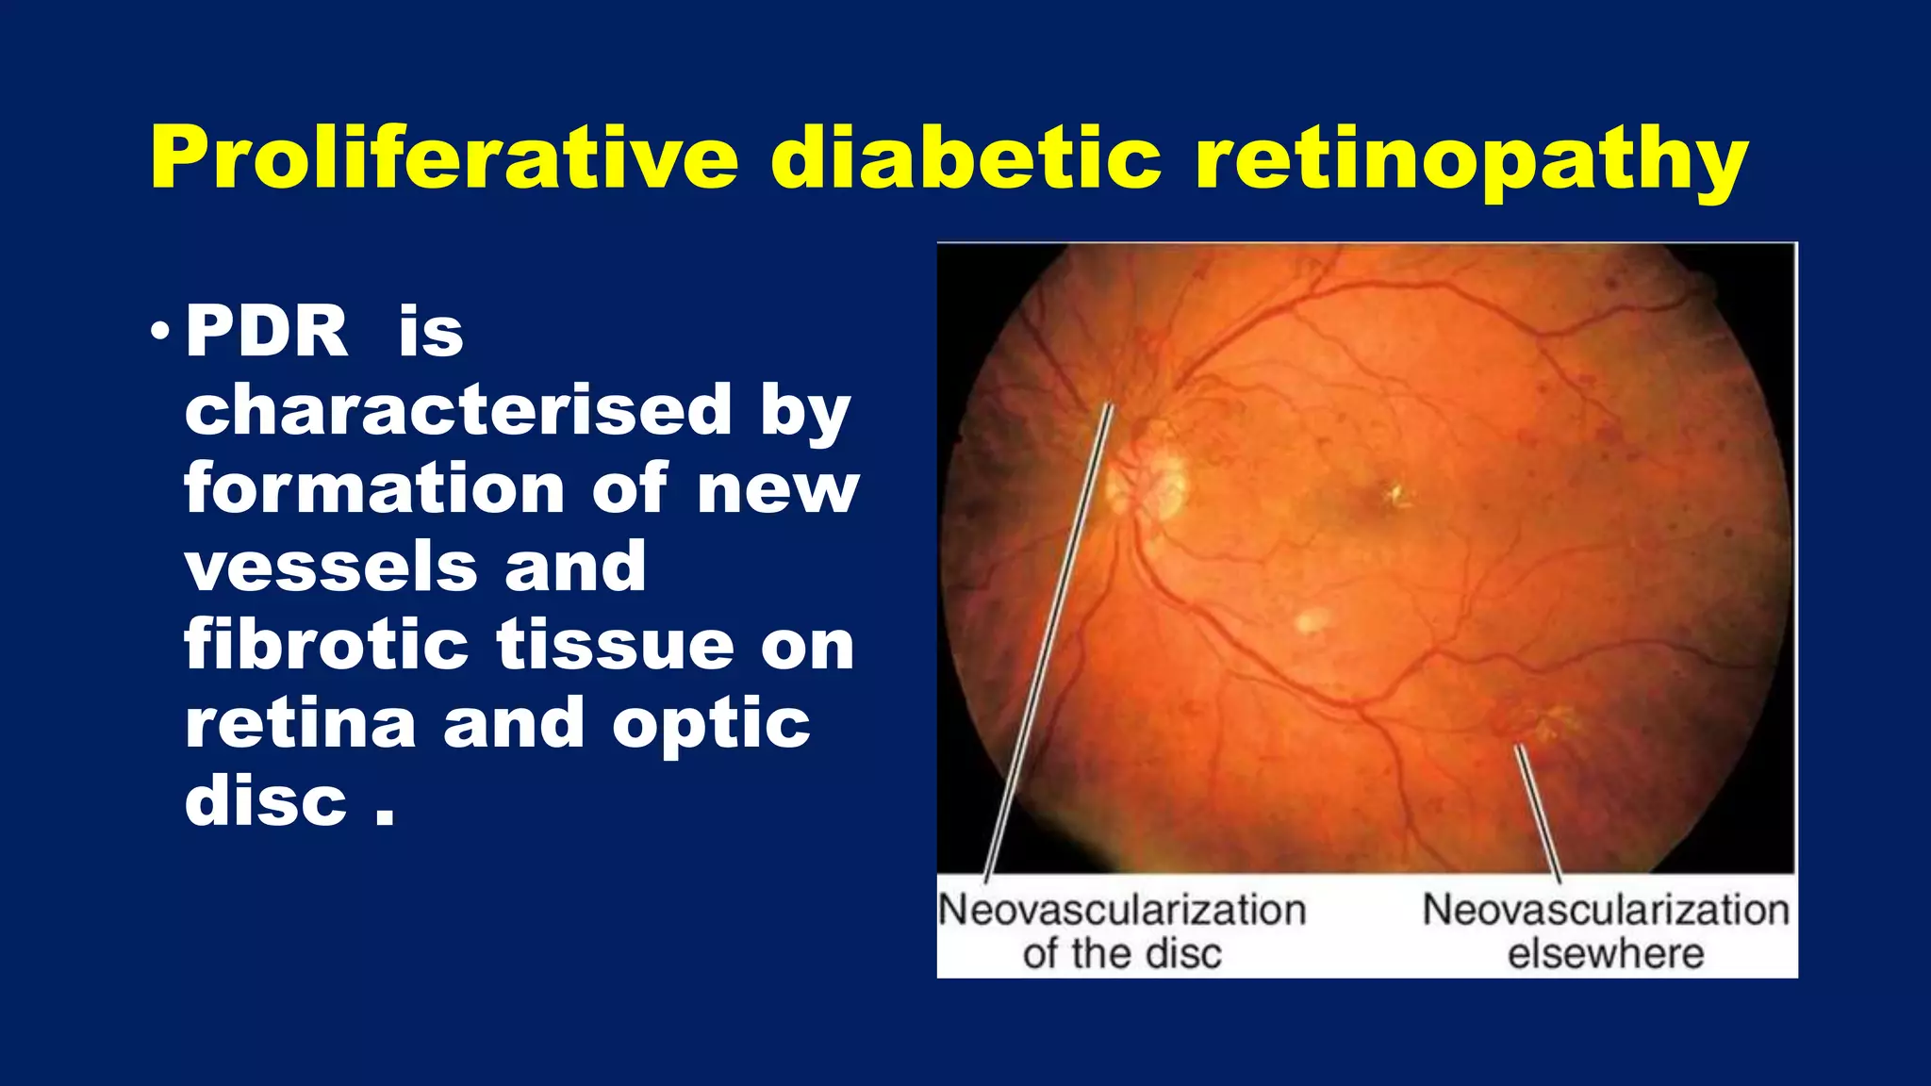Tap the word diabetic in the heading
coord(965,157)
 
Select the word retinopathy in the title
coord(1471,160)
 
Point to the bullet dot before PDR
coord(159,332)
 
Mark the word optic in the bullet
coord(711,726)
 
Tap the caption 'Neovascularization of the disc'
coord(1122,931)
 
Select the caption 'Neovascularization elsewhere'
coord(1606,931)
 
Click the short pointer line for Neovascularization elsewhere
coord(1537,811)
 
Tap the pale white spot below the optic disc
coord(1311,620)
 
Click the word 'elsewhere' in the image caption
coord(1606,954)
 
